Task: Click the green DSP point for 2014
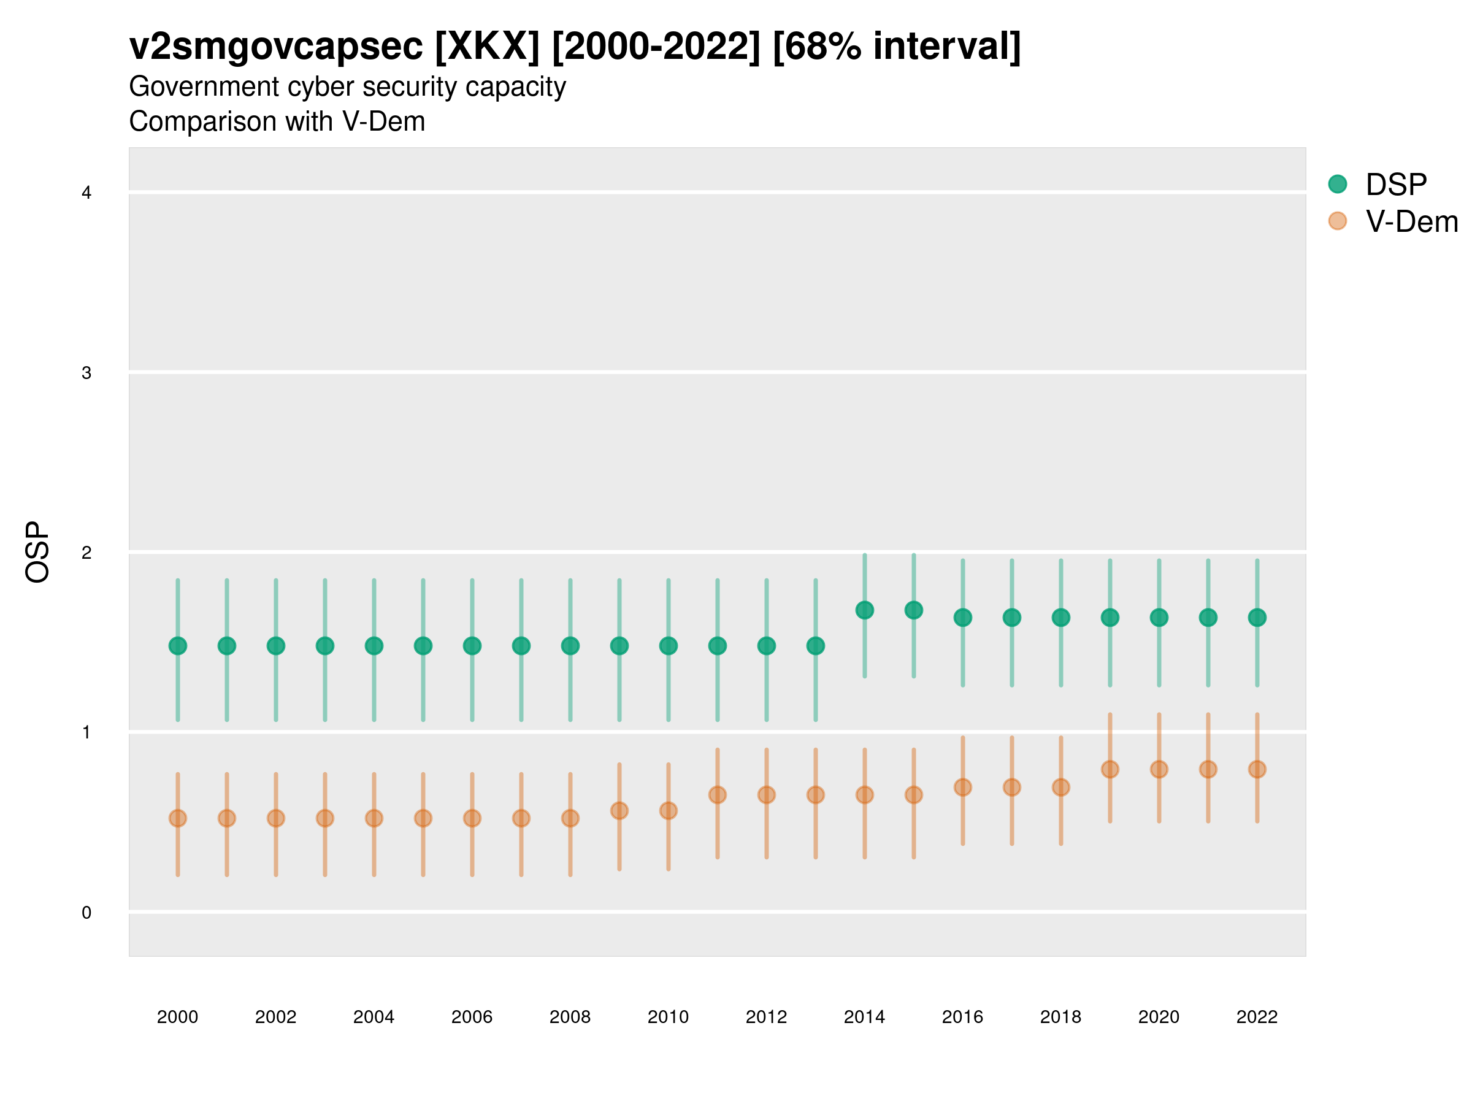864,610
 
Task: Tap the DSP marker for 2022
1257,618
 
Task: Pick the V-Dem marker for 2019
1110,769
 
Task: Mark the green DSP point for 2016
963,618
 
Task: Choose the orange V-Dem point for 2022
1257,769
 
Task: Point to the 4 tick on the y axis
86,193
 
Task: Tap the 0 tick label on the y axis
86,913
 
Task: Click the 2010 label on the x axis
668,1017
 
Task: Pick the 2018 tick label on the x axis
1060,1017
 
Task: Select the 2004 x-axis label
374,1017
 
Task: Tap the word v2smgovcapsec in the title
276,47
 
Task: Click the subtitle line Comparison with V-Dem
277,122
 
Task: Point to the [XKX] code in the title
487,47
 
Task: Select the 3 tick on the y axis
86,373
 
